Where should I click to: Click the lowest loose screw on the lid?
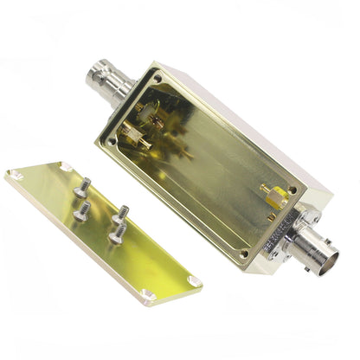pyautogui.click(x=115, y=232)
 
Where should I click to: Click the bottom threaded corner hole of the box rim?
pyautogui.click(x=243, y=254)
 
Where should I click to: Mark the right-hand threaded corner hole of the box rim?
pyautogui.click(x=292, y=190)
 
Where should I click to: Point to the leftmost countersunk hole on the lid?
pyautogui.click(x=15, y=175)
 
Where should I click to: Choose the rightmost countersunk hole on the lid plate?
pyautogui.click(x=194, y=281)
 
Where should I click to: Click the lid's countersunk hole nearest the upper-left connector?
pyautogui.click(x=65, y=165)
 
